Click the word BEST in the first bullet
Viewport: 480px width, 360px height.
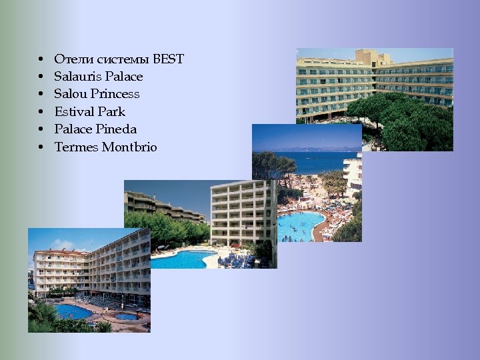pyautogui.click(x=168, y=59)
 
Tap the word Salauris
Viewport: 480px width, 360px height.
pyautogui.click(x=75, y=77)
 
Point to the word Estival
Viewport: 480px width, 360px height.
pyautogui.click(x=74, y=111)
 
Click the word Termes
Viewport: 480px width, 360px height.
pyautogui.click(x=76, y=147)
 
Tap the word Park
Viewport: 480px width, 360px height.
pyautogui.click(x=111, y=111)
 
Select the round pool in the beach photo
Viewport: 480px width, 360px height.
pyautogui.click(x=300, y=225)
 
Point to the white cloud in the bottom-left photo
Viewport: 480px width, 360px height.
pyautogui.click(x=47, y=243)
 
